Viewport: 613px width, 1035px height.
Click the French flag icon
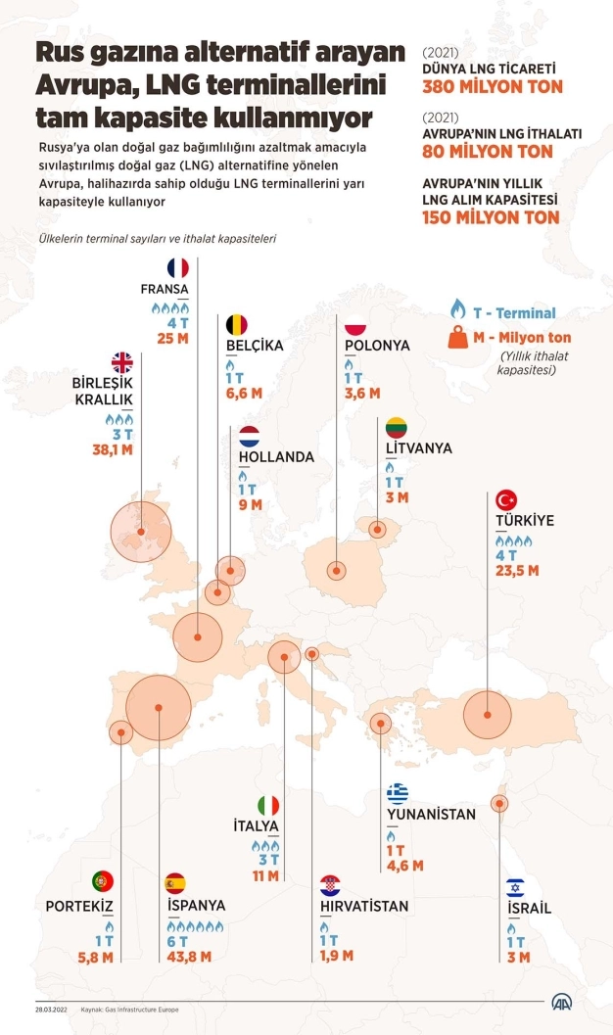[177, 267]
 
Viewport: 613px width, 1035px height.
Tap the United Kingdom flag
[121, 362]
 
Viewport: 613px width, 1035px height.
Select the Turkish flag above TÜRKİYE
[506, 498]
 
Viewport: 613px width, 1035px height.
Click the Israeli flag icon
[516, 887]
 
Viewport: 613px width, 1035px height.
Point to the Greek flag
[398, 793]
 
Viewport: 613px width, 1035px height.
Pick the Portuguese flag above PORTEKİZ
[104, 880]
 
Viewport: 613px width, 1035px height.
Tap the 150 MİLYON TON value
[491, 216]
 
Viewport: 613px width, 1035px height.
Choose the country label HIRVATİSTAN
[364, 906]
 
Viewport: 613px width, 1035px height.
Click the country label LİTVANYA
[418, 447]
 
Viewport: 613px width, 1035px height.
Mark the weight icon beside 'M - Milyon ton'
[456, 339]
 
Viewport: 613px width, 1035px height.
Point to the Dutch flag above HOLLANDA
[249, 436]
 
